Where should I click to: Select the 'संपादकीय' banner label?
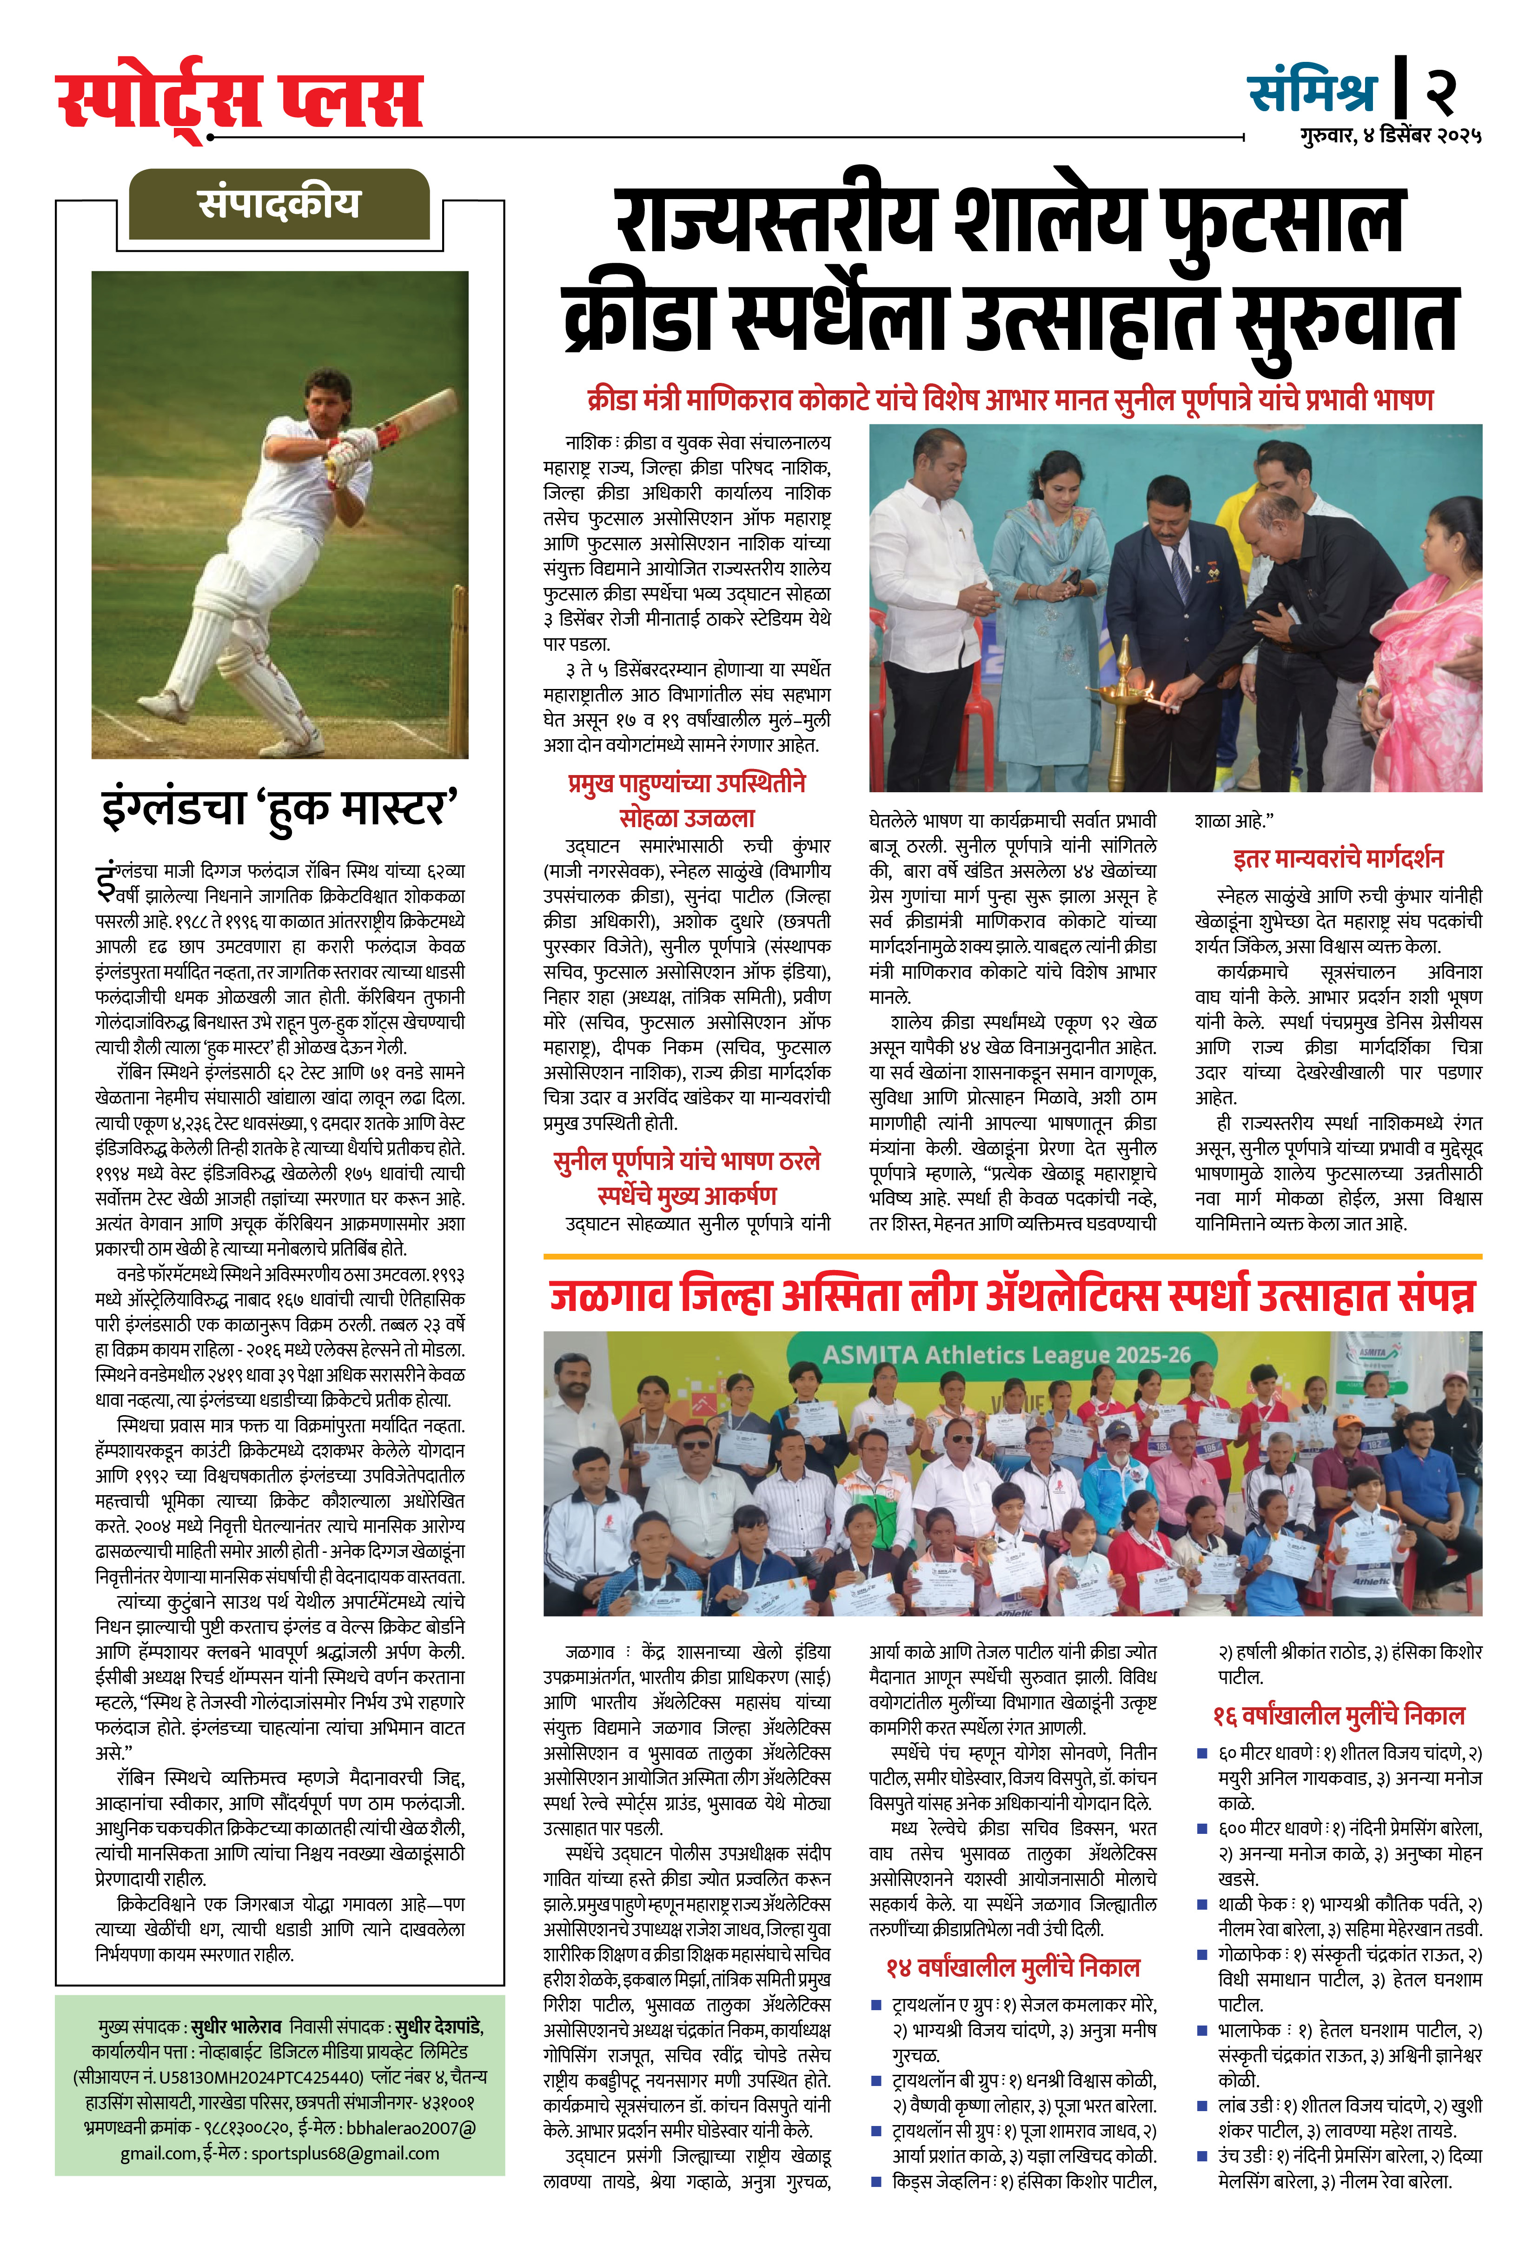[279, 204]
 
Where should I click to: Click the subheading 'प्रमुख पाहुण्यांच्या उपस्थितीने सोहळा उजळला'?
[686, 800]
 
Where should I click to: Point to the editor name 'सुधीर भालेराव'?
[236, 2027]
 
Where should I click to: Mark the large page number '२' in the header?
[1439, 92]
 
